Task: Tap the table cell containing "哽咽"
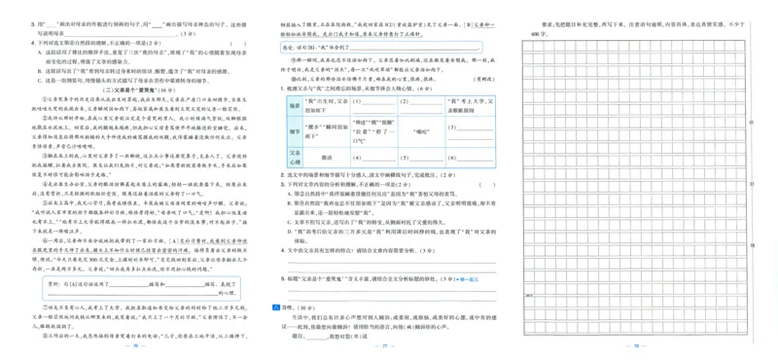click(x=421, y=129)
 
